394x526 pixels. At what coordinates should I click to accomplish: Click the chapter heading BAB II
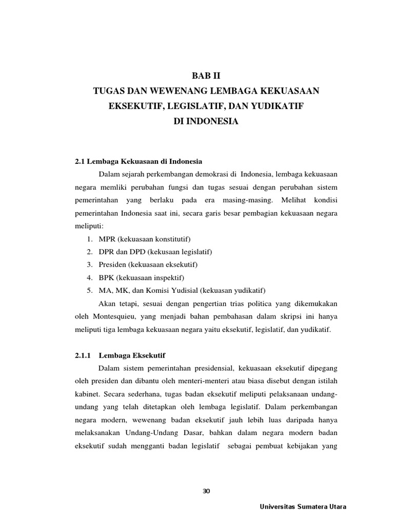(x=205, y=76)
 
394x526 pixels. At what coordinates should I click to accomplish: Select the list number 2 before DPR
(x=89, y=252)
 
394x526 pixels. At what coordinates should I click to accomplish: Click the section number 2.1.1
(x=85, y=355)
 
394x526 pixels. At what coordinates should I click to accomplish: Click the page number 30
(x=207, y=491)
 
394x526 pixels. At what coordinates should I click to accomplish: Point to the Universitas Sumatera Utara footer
(x=304, y=507)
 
